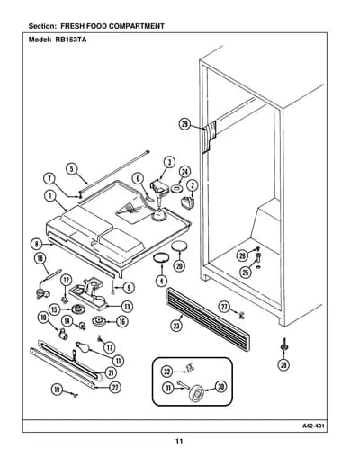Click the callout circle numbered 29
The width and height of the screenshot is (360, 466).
tap(185, 124)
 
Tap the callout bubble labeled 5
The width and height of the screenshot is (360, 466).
tap(72, 169)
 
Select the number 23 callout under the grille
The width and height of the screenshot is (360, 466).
tap(176, 326)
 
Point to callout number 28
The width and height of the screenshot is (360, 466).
tap(283, 365)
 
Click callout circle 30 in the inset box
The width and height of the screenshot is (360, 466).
tap(220, 387)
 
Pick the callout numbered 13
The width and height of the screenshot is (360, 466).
tap(128, 307)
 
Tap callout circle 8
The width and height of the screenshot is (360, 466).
tap(37, 244)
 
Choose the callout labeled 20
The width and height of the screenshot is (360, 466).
tap(179, 265)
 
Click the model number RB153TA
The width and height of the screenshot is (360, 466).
tap(71, 40)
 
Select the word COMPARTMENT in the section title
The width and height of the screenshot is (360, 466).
tap(136, 26)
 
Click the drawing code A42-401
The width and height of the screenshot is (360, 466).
tap(313, 426)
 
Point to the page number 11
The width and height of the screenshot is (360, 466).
tap(179, 441)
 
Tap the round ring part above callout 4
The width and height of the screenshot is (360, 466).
tap(160, 258)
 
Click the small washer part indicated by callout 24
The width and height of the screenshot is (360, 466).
tap(176, 189)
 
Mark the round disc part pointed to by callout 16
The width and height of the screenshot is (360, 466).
tap(99, 322)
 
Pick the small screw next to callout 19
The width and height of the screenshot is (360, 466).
tap(74, 395)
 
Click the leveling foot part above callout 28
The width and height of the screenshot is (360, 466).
tap(283, 345)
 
